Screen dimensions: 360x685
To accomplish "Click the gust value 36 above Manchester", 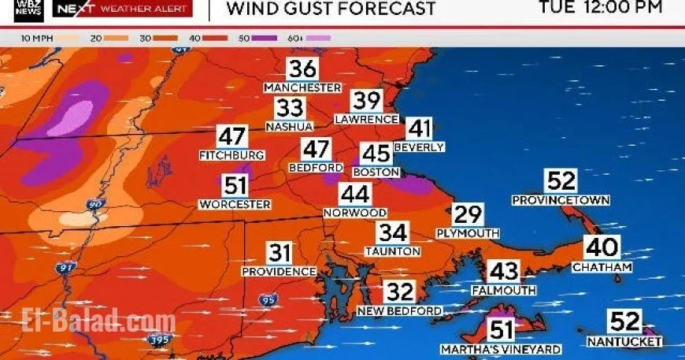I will (x=302, y=69).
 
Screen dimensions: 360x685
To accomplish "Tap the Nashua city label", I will (x=289, y=126).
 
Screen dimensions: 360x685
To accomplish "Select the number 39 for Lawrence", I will (x=367, y=101).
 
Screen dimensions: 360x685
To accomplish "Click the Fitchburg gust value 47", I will (x=231, y=135).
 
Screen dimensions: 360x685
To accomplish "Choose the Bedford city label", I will (x=317, y=168).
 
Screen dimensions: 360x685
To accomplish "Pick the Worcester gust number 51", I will (x=235, y=186).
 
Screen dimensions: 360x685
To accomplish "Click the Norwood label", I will (x=355, y=213).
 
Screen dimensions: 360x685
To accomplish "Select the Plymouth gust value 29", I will (x=468, y=214).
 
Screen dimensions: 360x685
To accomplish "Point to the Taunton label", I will (x=392, y=251).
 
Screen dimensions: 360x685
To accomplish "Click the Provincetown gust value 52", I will (x=561, y=180).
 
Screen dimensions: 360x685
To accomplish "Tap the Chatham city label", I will (x=602, y=267).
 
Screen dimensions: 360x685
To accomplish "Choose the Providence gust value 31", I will (x=280, y=253).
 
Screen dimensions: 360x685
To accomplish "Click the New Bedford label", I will (x=400, y=311).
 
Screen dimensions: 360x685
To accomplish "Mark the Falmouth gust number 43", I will (x=504, y=271).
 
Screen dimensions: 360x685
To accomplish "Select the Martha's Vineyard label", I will (x=501, y=349).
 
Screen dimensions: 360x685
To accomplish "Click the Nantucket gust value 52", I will (x=625, y=321).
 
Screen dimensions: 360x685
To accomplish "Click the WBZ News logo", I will (x=28, y=10).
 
